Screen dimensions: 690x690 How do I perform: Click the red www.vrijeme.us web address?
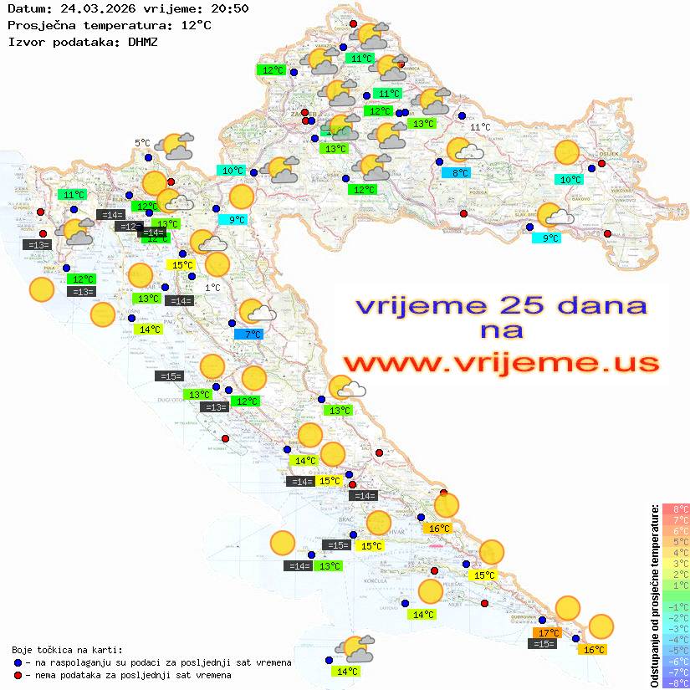(500, 364)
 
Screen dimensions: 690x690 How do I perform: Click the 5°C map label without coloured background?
(142, 143)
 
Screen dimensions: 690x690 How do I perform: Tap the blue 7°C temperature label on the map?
(248, 334)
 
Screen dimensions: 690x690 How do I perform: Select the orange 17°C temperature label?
(549, 632)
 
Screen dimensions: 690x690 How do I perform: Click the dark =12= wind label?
(128, 227)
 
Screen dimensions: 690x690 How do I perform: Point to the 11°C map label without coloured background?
(480, 127)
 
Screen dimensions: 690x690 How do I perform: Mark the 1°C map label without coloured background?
(212, 288)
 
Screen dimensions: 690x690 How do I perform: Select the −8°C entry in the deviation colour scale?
(676, 682)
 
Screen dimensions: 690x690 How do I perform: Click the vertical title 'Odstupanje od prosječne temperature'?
(655, 596)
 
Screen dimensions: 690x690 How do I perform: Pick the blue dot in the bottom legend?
(18, 662)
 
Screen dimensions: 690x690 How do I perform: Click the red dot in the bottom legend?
(18, 675)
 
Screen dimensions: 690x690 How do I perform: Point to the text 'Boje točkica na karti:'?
(67, 650)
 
